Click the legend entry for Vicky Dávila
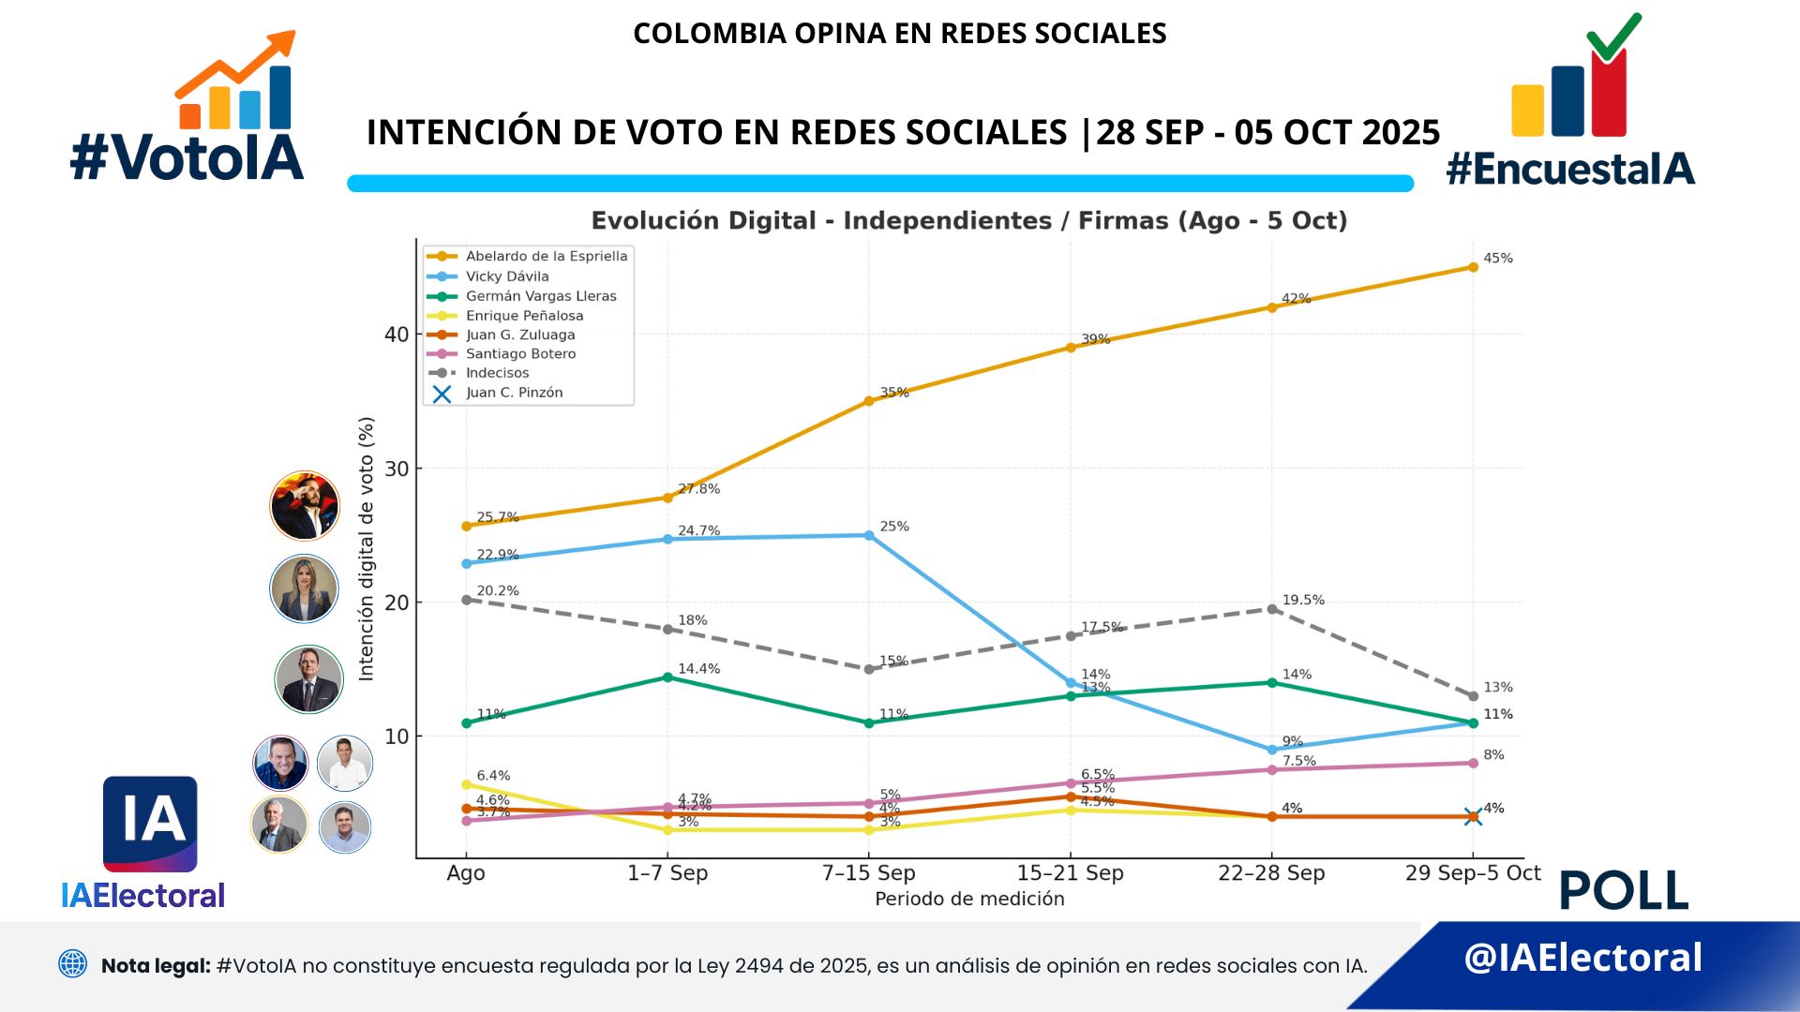tap(506, 276)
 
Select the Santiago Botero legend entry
tap(520, 354)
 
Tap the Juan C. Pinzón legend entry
tap(514, 393)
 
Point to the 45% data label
tap(1497, 259)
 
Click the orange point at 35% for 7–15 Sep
tap(869, 401)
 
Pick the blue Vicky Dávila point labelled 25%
tap(869, 536)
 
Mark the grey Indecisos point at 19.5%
tap(1272, 609)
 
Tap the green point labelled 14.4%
tap(667, 677)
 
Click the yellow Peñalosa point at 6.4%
tap(466, 784)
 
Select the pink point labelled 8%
tap(1473, 763)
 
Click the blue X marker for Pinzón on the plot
tap(1473, 817)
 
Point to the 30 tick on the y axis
tap(397, 469)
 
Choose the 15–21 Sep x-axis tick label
tap(1070, 873)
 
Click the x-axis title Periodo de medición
tap(969, 900)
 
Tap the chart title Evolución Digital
tap(968, 220)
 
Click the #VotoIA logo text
tap(187, 157)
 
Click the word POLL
tap(1623, 890)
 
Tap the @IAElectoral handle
tap(1582, 958)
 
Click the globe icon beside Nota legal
tap(72, 963)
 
